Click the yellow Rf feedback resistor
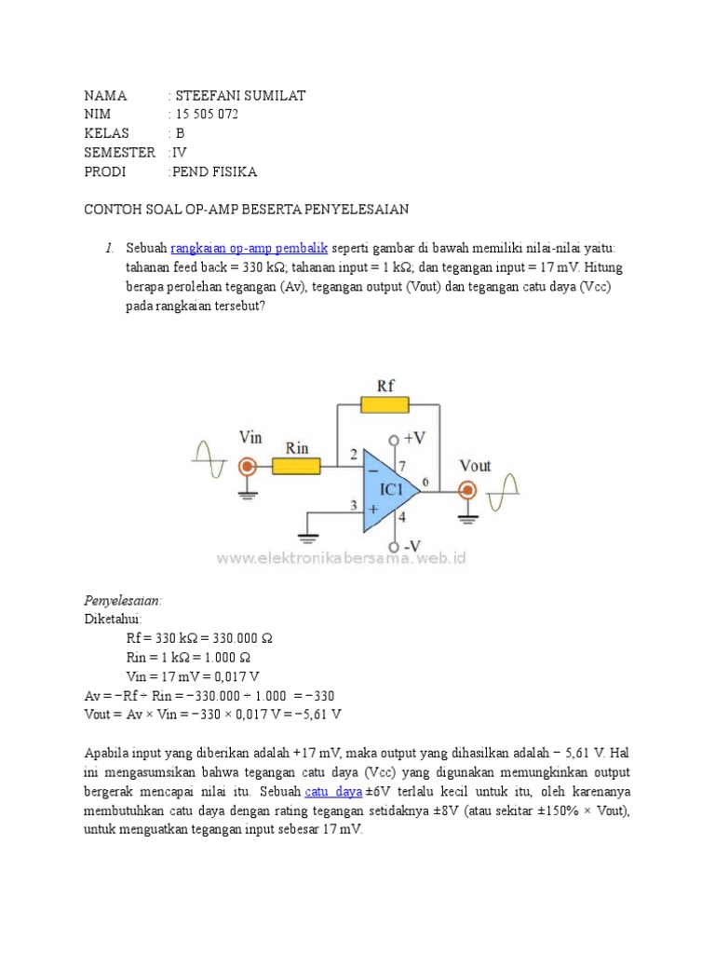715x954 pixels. pyautogui.click(x=383, y=404)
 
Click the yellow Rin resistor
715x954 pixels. pyautogui.click(x=296, y=466)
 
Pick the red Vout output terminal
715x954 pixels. pyautogui.click(x=467, y=490)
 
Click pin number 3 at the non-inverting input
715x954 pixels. pyautogui.click(x=353, y=506)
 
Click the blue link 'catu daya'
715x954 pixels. pyautogui.click(x=333, y=791)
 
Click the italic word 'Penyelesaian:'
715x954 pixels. pyautogui.click(x=123, y=601)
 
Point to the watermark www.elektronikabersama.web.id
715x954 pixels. pyautogui.click(x=342, y=558)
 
